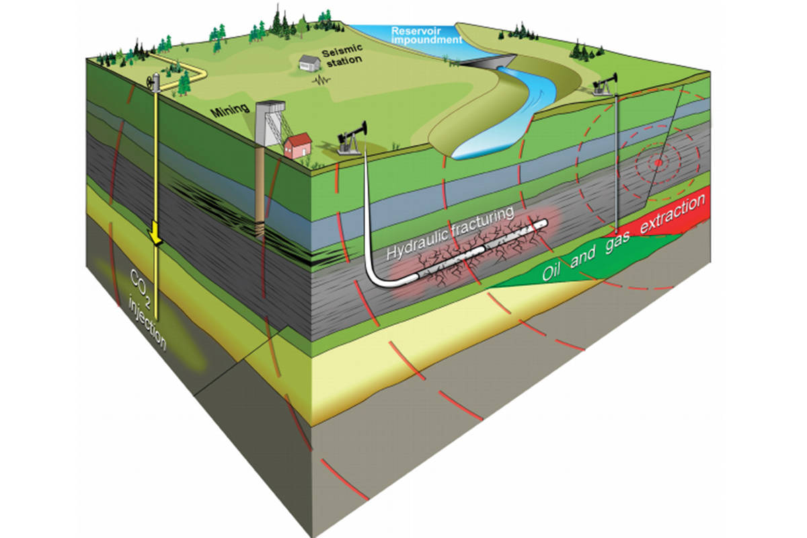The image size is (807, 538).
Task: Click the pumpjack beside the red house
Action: point(352,139)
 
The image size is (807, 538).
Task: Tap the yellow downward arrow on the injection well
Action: point(156,234)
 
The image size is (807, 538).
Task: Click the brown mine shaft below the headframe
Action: point(260,195)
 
